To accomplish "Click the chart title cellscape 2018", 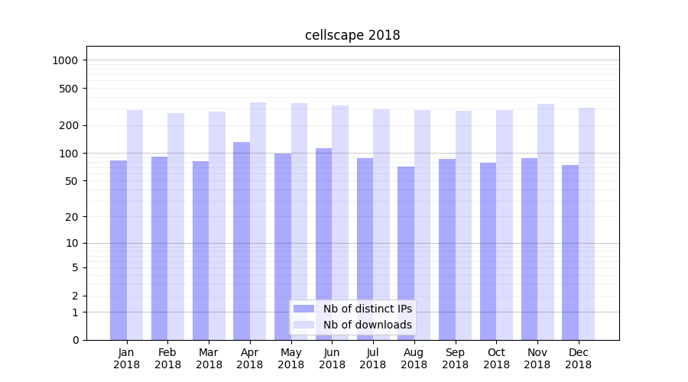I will click(352, 35).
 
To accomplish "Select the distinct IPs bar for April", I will click(242, 241).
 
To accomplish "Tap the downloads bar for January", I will click(135, 225).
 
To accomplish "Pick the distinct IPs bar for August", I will click(406, 253).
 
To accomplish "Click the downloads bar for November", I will click(546, 222).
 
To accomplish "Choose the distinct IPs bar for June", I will click(324, 244).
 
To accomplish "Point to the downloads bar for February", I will click(176, 226).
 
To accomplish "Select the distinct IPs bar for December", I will click(570, 252).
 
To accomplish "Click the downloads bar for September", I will click(463, 225).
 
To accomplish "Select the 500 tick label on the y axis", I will click(70, 89).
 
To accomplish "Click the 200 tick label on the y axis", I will click(70, 125).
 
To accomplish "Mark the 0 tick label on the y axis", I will click(75, 340).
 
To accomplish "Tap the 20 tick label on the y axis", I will click(72, 217).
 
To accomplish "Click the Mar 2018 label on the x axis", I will click(209, 358).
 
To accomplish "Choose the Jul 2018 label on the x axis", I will click(373, 358).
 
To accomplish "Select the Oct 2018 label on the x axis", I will click(496, 358).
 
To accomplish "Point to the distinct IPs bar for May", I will click(283, 247).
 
